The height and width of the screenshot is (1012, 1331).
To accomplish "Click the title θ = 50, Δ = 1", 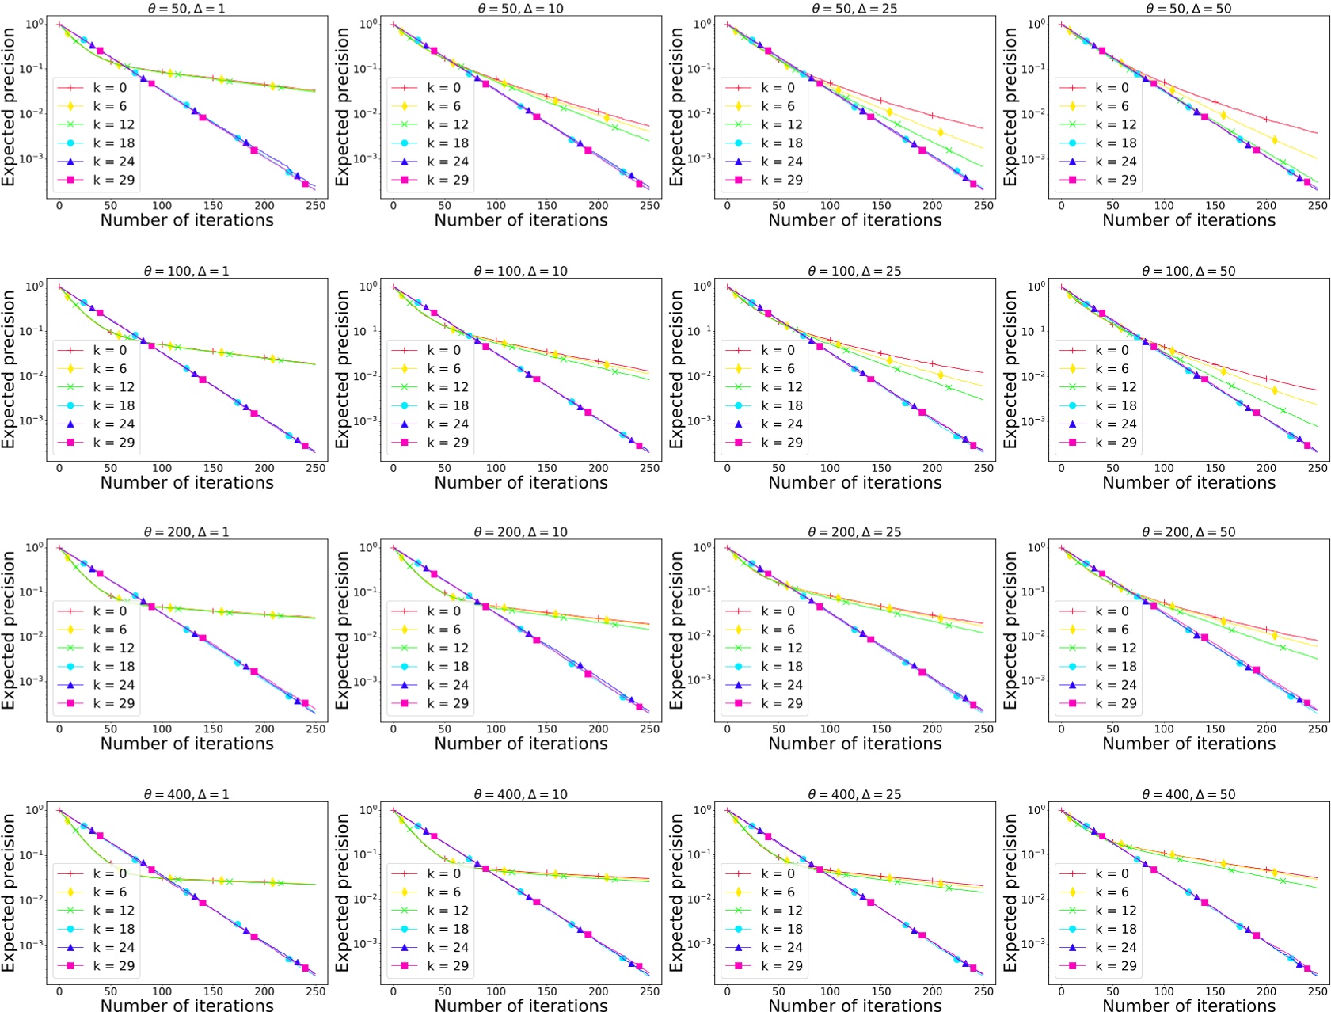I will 187,9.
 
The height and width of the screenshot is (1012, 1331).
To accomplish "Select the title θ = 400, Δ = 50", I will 1188,794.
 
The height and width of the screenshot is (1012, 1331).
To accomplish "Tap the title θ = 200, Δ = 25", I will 854,532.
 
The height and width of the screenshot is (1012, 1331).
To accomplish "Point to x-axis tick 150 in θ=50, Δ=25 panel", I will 881,206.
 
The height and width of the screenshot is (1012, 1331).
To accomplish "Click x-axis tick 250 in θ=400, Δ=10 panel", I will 649,991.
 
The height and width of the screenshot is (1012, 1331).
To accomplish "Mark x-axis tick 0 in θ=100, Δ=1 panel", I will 59,468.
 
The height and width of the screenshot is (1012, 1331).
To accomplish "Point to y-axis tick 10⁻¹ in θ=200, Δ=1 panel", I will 33,592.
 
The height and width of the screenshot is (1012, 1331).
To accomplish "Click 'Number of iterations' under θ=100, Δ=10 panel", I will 521,482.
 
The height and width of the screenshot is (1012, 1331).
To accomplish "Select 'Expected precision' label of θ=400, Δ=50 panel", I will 1010,892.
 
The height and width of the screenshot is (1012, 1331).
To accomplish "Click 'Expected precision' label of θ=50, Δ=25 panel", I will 676,107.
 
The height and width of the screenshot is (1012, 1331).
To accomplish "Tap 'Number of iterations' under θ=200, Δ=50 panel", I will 1188,744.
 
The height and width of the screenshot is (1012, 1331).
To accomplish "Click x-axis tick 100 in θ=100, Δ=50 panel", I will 1163,468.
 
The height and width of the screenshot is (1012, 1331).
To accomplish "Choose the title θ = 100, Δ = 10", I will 521,271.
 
